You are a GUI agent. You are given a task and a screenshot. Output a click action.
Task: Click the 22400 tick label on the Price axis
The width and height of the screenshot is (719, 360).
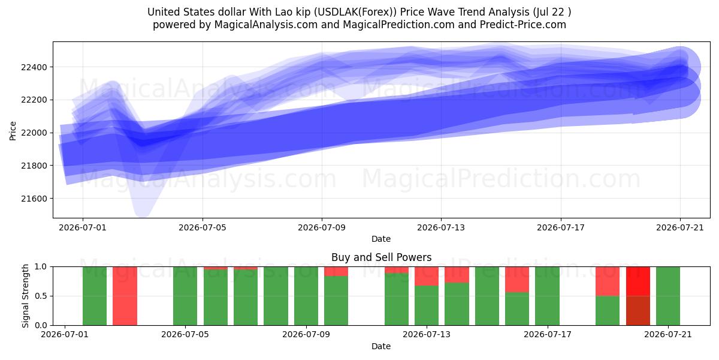point(34,67)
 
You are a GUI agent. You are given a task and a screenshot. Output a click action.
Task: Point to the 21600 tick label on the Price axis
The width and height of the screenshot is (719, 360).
point(34,199)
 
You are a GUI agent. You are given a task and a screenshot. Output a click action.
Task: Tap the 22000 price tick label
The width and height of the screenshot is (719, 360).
point(34,133)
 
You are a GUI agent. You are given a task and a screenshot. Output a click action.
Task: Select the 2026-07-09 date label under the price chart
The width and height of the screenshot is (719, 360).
point(322,227)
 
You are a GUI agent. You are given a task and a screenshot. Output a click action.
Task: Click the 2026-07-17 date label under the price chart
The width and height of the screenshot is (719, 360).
point(561,227)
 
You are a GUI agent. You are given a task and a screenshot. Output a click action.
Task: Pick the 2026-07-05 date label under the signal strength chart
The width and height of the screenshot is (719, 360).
point(185,335)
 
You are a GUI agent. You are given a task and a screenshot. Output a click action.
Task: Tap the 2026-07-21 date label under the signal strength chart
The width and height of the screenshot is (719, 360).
point(668,335)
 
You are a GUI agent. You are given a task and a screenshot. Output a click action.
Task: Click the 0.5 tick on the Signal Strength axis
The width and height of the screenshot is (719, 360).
point(41,296)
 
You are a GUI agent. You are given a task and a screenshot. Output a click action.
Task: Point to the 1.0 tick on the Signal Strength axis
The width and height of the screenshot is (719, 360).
point(41,267)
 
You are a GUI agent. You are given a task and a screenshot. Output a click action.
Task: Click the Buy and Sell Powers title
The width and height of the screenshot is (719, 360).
point(381,257)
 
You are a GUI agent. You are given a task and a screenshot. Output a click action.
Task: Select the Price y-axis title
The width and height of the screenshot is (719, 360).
point(13,131)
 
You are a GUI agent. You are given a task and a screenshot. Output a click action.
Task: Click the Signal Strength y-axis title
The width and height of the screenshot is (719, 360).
point(25,296)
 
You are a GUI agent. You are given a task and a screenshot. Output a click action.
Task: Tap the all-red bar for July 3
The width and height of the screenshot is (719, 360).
point(125,296)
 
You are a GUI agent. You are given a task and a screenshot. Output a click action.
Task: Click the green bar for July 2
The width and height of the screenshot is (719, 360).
point(95,296)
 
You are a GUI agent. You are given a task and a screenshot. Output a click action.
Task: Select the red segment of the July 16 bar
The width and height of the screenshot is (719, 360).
point(517,280)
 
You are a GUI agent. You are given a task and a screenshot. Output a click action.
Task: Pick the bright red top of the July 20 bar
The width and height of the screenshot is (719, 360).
point(638,281)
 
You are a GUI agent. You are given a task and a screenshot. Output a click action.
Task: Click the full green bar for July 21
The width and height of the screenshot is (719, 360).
point(668,296)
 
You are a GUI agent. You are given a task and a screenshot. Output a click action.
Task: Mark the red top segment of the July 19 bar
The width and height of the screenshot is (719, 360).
point(608,281)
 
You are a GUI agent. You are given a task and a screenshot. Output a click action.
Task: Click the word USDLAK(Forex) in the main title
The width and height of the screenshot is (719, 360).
point(355,12)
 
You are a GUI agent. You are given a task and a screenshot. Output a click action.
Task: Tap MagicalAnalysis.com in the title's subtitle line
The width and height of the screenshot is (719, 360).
point(266,25)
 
